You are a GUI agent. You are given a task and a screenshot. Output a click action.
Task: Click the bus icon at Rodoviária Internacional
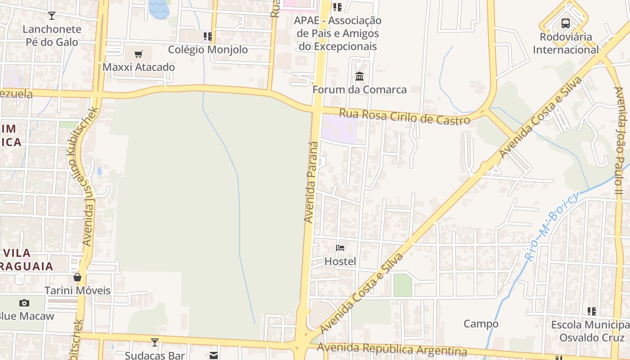[x=566, y=23]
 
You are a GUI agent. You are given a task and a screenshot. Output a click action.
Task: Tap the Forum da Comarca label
[x=359, y=90]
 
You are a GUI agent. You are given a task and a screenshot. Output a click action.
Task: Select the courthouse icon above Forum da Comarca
[x=359, y=76]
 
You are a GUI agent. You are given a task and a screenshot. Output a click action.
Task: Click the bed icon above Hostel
[x=340, y=248]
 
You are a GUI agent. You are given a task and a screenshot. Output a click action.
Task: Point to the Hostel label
[x=340, y=261]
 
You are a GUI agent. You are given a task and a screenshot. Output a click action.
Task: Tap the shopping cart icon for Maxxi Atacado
[x=139, y=54]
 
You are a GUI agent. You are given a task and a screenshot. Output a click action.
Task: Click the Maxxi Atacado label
[x=139, y=67]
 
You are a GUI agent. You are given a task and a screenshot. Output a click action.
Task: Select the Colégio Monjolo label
[x=208, y=49]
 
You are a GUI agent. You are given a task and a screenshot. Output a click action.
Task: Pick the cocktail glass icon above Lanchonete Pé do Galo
[x=52, y=16]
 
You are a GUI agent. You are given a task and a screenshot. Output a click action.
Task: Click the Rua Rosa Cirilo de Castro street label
[x=405, y=116]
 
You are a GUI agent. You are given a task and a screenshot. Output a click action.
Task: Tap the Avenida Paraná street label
[x=311, y=182]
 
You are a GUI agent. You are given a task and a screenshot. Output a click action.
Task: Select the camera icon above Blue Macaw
[x=24, y=303]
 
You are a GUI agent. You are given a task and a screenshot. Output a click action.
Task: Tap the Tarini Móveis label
[x=77, y=290]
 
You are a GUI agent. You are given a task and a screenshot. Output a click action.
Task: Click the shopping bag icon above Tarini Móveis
[x=77, y=277]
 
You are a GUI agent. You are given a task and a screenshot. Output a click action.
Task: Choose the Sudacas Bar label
[x=155, y=355]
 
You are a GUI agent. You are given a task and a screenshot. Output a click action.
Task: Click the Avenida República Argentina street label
[x=391, y=349]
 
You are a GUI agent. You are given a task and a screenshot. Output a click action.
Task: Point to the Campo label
[x=481, y=324]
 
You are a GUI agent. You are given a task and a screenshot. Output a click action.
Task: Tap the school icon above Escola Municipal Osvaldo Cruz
[x=592, y=311]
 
